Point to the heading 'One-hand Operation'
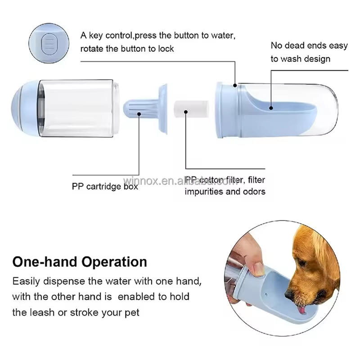[80, 262]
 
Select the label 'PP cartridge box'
[104, 186]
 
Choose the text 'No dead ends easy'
[309, 45]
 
